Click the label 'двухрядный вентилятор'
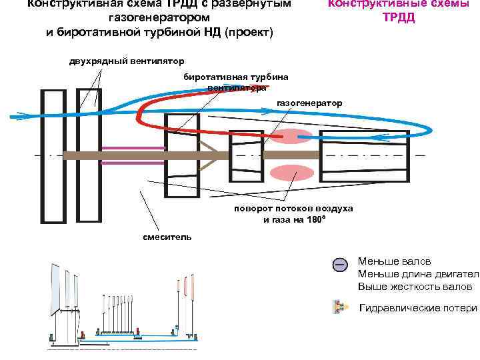[127, 63]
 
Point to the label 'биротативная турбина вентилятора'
[236, 82]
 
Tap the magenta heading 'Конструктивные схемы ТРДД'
[399, 11]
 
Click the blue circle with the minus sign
[339, 265]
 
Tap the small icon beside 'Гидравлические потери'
[339, 307]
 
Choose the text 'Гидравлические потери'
[418, 308]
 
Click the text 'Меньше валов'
[395, 261]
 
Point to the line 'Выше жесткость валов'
[415, 287]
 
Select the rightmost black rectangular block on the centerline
[363, 155]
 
